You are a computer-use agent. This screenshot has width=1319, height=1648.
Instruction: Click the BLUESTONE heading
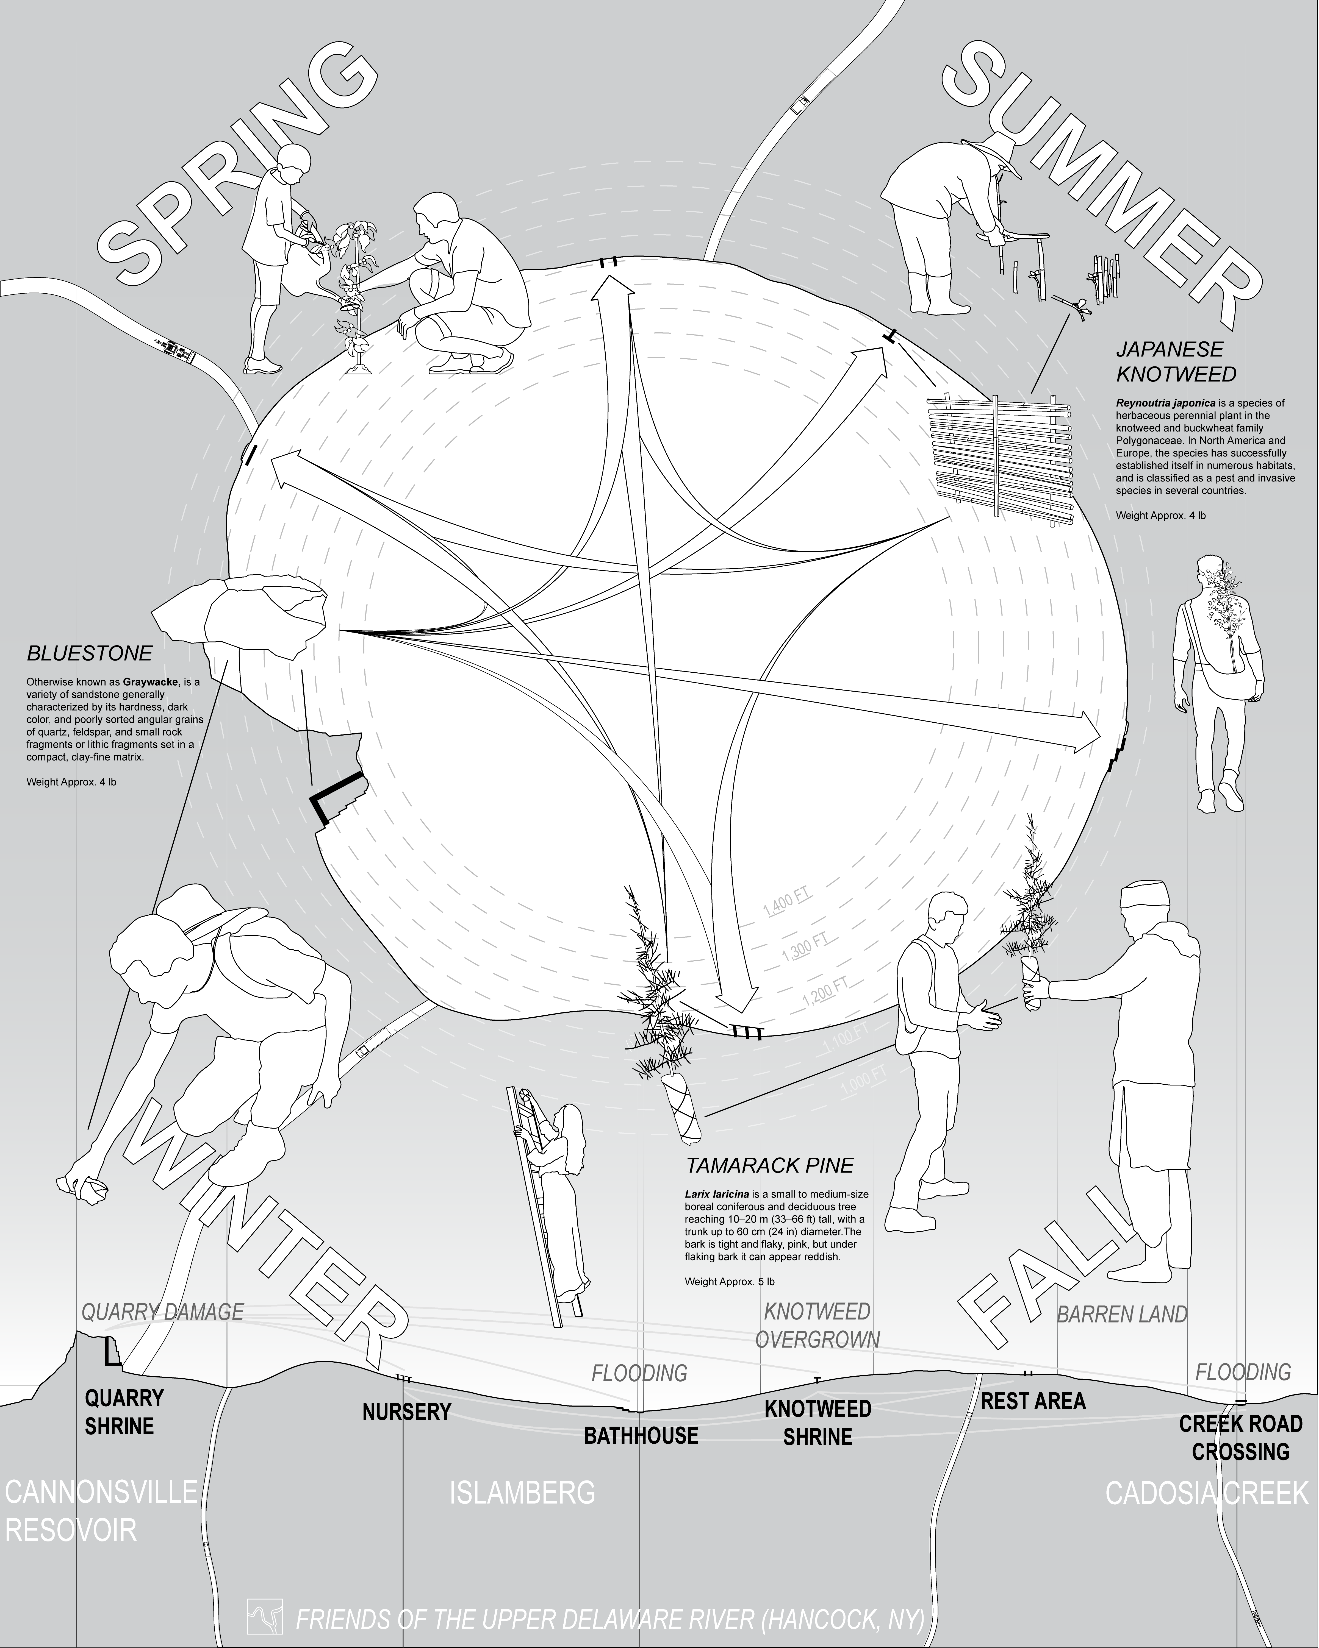[x=90, y=653]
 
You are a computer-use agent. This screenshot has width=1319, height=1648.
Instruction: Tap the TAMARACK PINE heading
[x=769, y=1166]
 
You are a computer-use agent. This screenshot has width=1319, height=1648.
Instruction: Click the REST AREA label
[x=1033, y=1401]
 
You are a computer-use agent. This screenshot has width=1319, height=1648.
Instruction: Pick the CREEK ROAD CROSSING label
[x=1240, y=1437]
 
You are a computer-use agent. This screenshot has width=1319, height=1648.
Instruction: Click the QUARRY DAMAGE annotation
[x=162, y=1312]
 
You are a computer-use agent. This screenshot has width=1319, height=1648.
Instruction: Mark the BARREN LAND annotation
[x=1122, y=1314]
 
